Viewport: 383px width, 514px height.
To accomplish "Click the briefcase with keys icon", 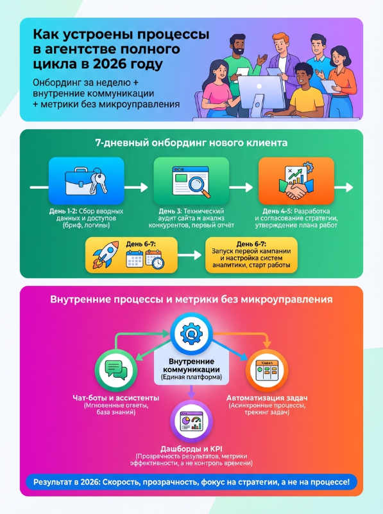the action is pyautogui.click(x=86, y=181).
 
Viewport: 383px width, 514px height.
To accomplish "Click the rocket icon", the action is pyautogui.click(x=106, y=254).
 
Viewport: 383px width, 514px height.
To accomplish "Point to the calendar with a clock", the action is pyautogui.click(x=155, y=259).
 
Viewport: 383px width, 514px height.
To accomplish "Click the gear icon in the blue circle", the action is pyautogui.click(x=191, y=333).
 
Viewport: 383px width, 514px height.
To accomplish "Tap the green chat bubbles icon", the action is pyautogui.click(x=116, y=370).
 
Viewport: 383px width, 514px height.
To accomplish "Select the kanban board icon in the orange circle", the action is pyautogui.click(x=267, y=371).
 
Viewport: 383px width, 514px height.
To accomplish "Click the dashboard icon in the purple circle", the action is pyautogui.click(x=191, y=422).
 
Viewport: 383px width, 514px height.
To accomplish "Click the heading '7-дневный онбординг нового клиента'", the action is pyautogui.click(x=191, y=143).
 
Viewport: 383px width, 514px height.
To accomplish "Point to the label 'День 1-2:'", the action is pyautogui.click(x=63, y=211).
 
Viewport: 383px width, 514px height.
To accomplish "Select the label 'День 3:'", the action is pyautogui.click(x=170, y=211).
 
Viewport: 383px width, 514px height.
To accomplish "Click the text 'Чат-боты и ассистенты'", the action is pyautogui.click(x=116, y=398).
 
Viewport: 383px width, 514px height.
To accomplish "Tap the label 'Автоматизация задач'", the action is pyautogui.click(x=267, y=398).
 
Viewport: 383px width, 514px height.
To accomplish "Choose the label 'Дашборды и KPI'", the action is pyautogui.click(x=191, y=449).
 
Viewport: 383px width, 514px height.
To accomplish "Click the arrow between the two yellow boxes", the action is pyautogui.click(x=190, y=254).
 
